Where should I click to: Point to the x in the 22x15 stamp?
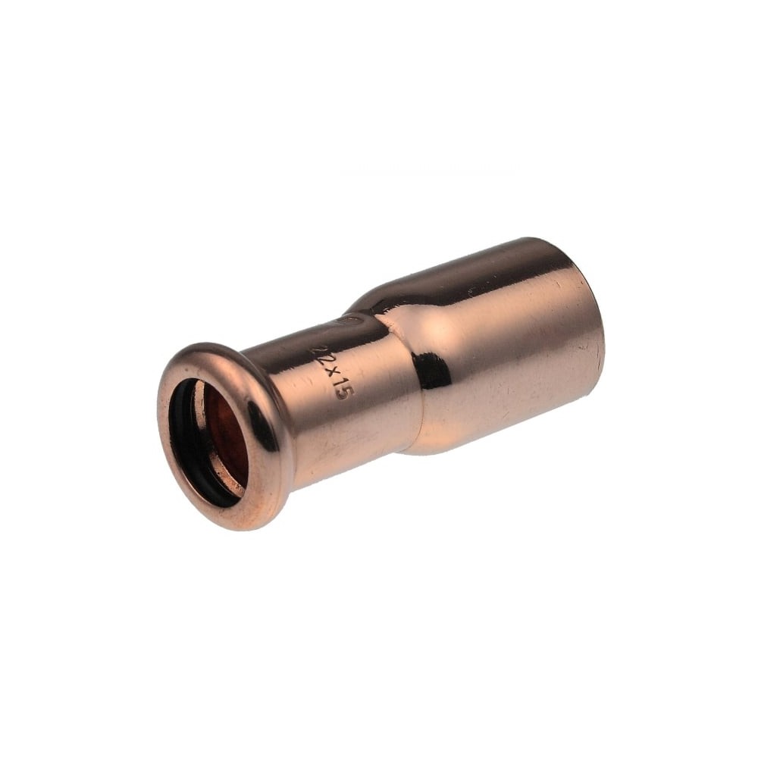[x=326, y=372]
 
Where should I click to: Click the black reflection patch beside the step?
[x=433, y=371]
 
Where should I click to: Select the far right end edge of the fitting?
[x=599, y=334]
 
